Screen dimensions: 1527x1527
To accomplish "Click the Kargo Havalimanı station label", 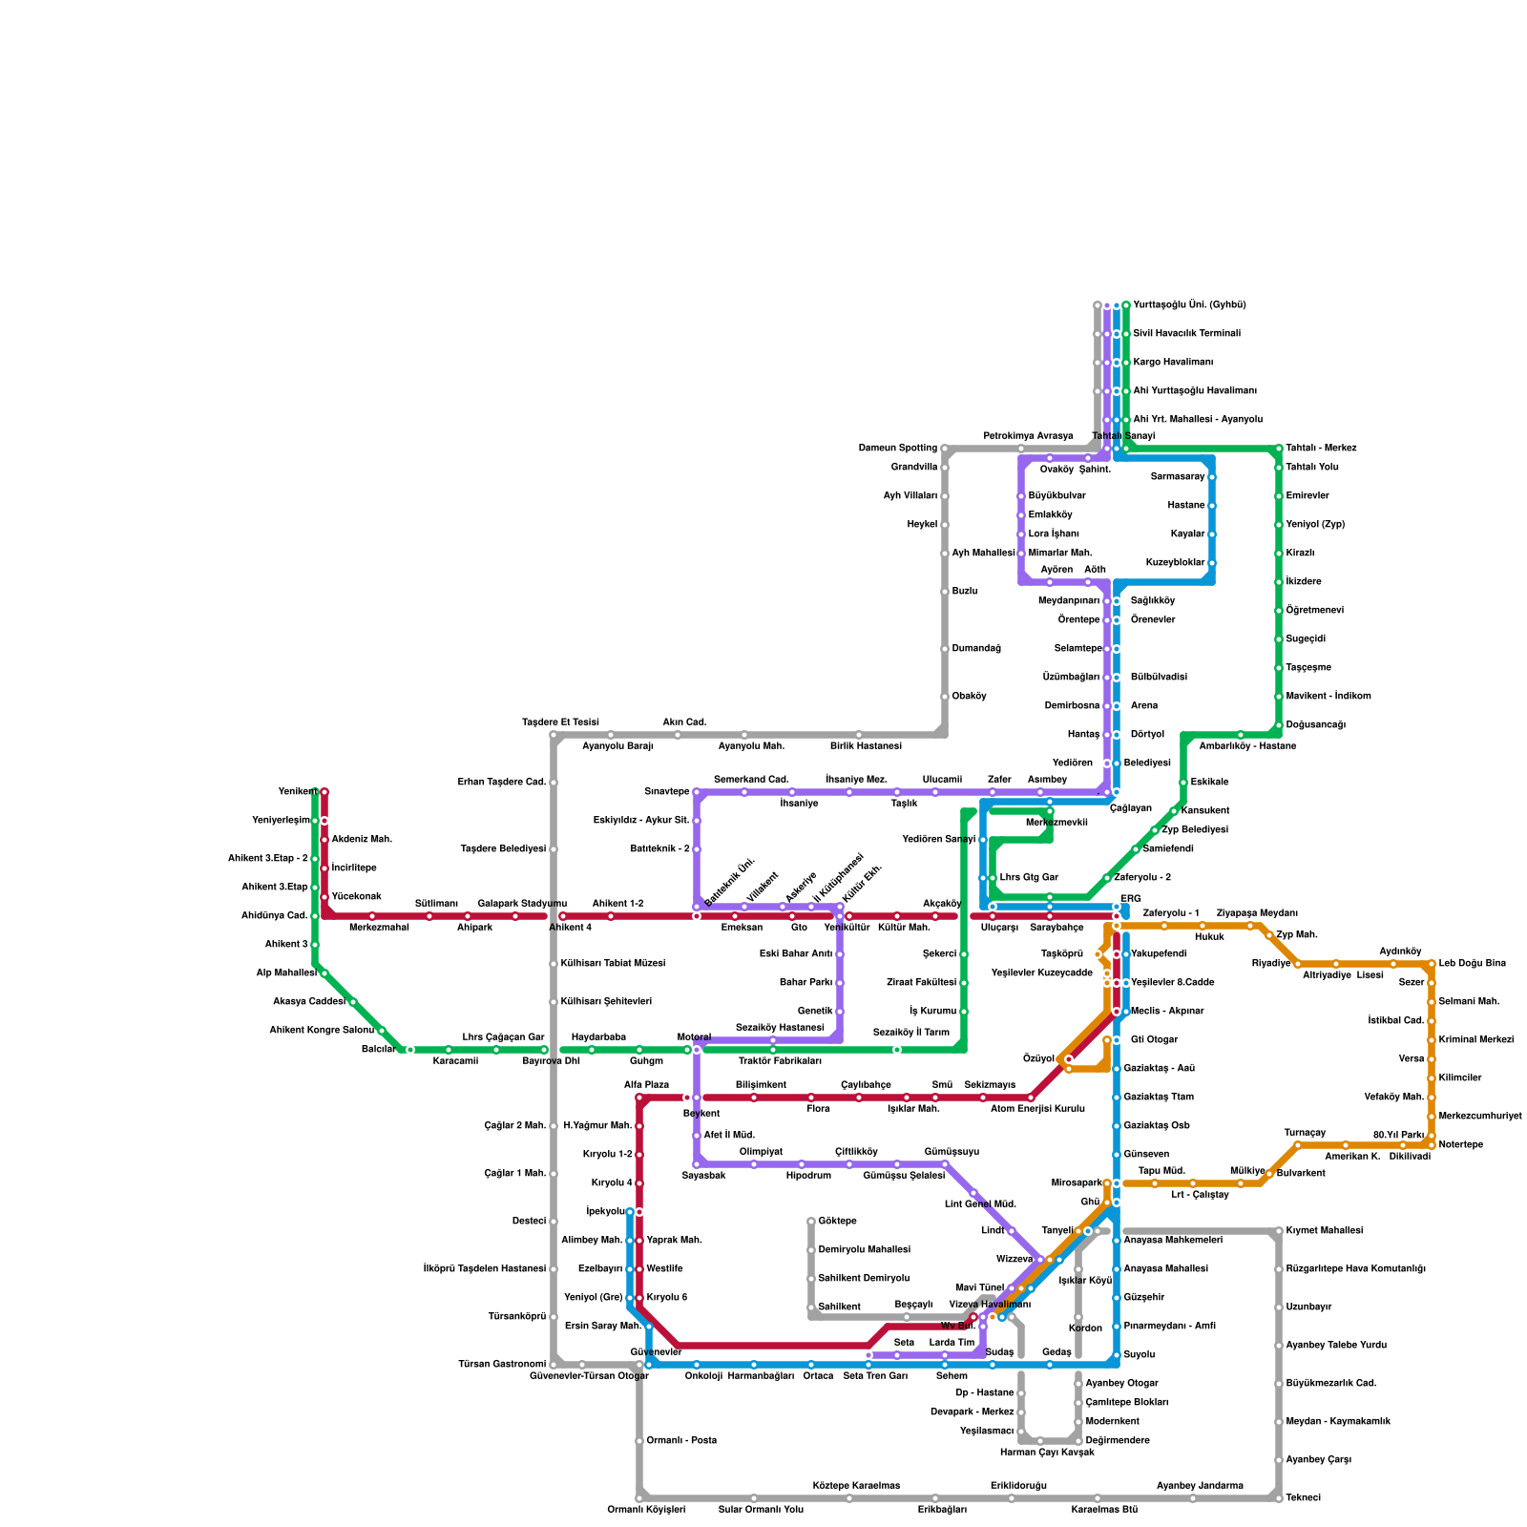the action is coord(1172,363).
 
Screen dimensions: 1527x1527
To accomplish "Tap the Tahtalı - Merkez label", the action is coord(1321,449).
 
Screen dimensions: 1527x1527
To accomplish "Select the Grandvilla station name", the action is coord(913,468).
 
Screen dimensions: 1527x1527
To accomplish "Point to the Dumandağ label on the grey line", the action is coord(975,649).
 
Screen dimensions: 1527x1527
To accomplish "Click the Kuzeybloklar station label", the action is coord(1175,563).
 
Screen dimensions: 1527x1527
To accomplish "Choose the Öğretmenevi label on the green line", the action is coord(1314,611).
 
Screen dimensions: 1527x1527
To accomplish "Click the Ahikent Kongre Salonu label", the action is coord(321,1031).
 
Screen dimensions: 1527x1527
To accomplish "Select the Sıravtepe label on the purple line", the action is coord(666,792).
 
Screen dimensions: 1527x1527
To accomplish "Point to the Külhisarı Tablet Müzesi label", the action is coord(613,964).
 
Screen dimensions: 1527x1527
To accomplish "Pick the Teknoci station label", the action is coord(1303,1498).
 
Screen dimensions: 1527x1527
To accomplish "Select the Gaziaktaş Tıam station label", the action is coord(1159,1098).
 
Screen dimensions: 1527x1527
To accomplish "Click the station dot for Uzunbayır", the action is coord(1279,1307).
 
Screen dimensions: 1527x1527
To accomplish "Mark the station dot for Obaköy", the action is coord(945,697).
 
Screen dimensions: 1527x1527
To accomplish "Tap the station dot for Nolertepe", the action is coord(1432,1145).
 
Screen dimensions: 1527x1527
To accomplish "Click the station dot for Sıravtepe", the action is coord(697,792).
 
